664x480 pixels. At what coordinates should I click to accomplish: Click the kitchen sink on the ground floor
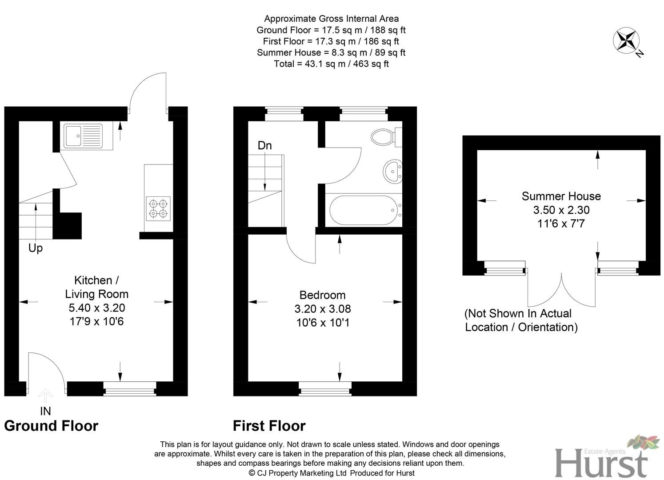point(83,136)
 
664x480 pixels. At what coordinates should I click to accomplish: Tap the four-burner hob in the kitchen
point(158,208)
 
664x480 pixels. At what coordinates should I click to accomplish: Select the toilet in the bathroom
point(383,136)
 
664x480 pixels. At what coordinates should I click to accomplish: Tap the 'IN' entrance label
point(45,411)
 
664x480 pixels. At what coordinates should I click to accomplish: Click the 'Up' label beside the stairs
point(36,248)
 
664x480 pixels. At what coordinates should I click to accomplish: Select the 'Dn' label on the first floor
point(264,145)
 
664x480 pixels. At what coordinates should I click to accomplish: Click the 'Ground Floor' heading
point(51,426)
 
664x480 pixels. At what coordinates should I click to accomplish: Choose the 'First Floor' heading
point(269,426)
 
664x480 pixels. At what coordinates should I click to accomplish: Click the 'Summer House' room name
point(561,196)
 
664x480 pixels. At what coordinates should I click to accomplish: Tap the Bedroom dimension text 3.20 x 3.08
point(323,308)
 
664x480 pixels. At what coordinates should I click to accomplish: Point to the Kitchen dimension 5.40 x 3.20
point(96,308)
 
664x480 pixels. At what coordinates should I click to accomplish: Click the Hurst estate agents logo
point(607,458)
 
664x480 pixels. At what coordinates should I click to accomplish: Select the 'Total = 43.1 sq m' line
point(331,64)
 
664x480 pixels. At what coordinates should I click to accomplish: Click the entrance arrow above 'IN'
point(45,396)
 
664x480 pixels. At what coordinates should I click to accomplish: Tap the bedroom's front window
point(325,388)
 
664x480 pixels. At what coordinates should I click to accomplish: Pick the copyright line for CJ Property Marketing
point(331,473)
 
